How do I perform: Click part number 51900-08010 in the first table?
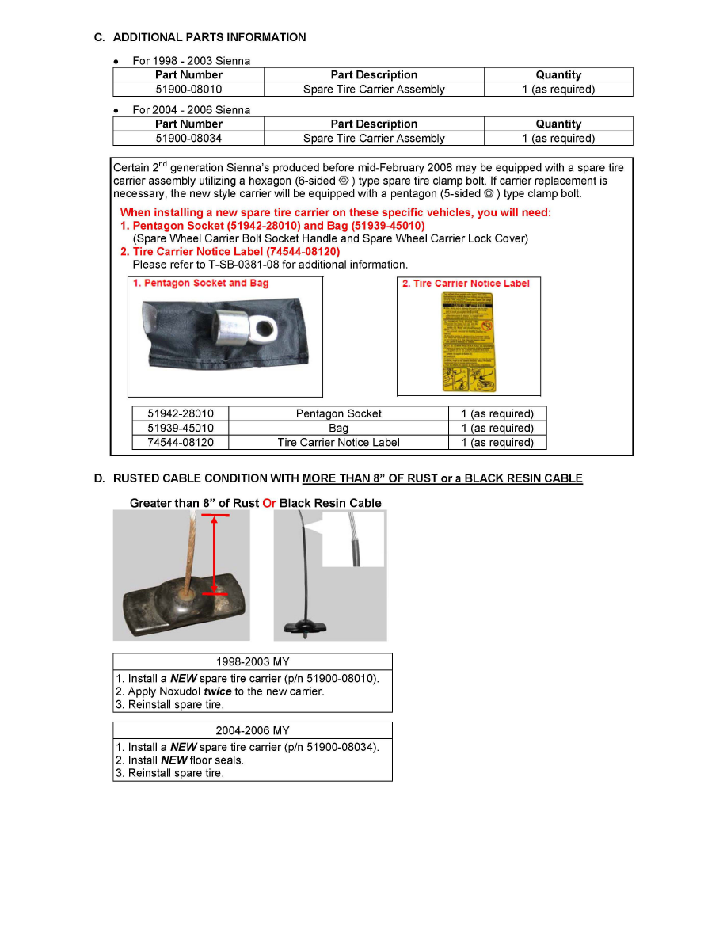tap(188, 90)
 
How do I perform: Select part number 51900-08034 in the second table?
tap(188, 139)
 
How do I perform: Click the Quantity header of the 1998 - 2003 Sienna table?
tap(558, 75)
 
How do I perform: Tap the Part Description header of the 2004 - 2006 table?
tap(374, 124)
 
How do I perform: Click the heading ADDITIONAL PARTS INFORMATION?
tap(209, 37)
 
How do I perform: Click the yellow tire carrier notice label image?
tap(467, 342)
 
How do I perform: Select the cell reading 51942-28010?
tap(181, 413)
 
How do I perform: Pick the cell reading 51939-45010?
tap(181, 428)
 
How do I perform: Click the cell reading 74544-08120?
tap(181, 442)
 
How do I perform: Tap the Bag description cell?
tap(338, 428)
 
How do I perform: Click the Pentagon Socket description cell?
tap(338, 413)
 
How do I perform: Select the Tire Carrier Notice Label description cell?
tap(338, 442)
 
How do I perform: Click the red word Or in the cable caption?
tap(269, 503)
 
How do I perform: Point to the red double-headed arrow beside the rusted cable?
tap(214, 554)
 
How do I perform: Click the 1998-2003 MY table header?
tap(253, 661)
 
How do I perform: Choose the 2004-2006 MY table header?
tap(253, 730)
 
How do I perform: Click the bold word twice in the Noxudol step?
tap(217, 691)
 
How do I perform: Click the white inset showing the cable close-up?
tap(353, 539)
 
